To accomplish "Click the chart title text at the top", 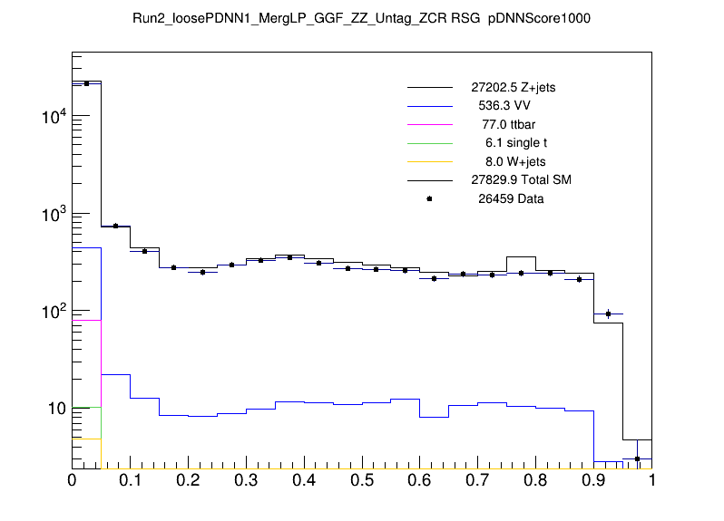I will click(x=361, y=18).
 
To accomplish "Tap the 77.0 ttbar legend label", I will click(x=509, y=124).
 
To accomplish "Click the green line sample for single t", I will click(x=429, y=143).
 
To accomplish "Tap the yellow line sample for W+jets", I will click(x=429, y=161).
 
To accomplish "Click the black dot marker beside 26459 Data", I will click(x=429, y=198).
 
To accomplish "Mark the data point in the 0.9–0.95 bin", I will click(x=609, y=314).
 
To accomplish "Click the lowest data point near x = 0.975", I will click(x=638, y=458).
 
